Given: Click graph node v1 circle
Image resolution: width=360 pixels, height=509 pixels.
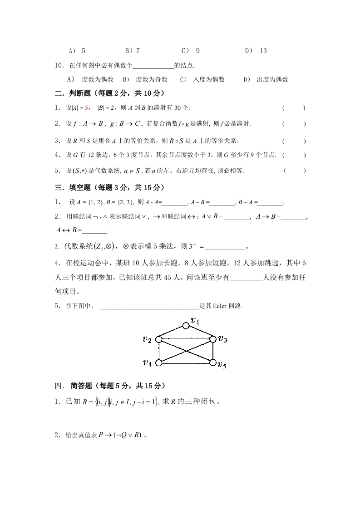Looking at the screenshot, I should pos(186,326).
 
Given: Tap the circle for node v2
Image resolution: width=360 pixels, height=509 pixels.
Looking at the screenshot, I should pos(158,339).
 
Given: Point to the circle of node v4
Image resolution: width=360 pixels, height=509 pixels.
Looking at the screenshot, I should pos(158,362).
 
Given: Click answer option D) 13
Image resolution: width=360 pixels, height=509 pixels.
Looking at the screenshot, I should pos(256,51).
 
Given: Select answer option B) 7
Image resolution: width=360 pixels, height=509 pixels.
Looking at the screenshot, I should pos(132,51).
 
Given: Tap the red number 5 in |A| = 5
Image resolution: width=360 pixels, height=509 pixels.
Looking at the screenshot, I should pos(87,108).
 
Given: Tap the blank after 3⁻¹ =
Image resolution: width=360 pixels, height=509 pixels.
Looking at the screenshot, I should pos(225,247).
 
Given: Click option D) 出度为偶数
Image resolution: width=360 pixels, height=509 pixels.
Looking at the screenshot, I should pos(266,79).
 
